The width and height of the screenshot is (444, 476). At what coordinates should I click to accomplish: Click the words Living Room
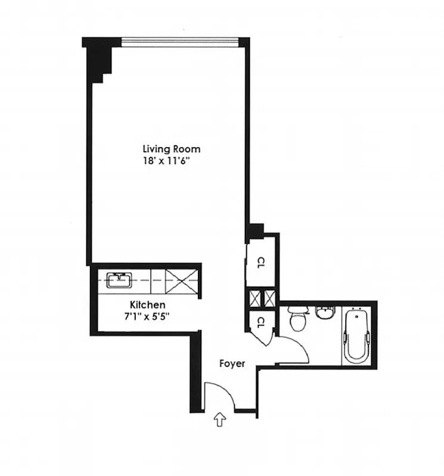pyautogui.click(x=171, y=149)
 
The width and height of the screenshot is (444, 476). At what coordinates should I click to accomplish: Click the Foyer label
pyautogui.click(x=232, y=363)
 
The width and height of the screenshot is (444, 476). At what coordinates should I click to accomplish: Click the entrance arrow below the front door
pyautogui.click(x=219, y=421)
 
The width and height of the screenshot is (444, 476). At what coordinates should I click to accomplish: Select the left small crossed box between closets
pyautogui.click(x=255, y=297)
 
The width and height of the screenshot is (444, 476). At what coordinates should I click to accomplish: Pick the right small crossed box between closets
pyautogui.click(x=269, y=297)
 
